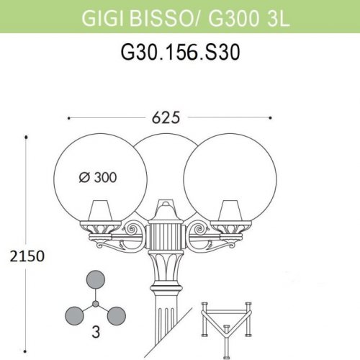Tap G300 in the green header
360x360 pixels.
(231, 16)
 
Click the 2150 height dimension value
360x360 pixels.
(23, 256)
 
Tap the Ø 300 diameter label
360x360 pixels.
(96, 176)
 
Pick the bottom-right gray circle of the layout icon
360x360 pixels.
(116, 315)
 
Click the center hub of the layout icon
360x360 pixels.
(96, 303)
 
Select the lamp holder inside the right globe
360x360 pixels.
(229, 213)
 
